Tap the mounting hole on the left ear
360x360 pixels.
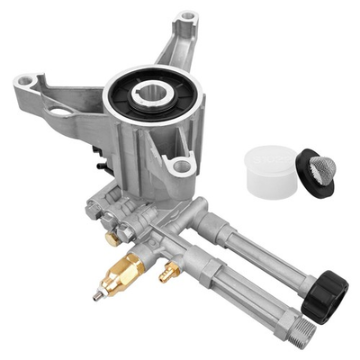click(26, 83)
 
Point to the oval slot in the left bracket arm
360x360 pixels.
click(59, 112)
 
